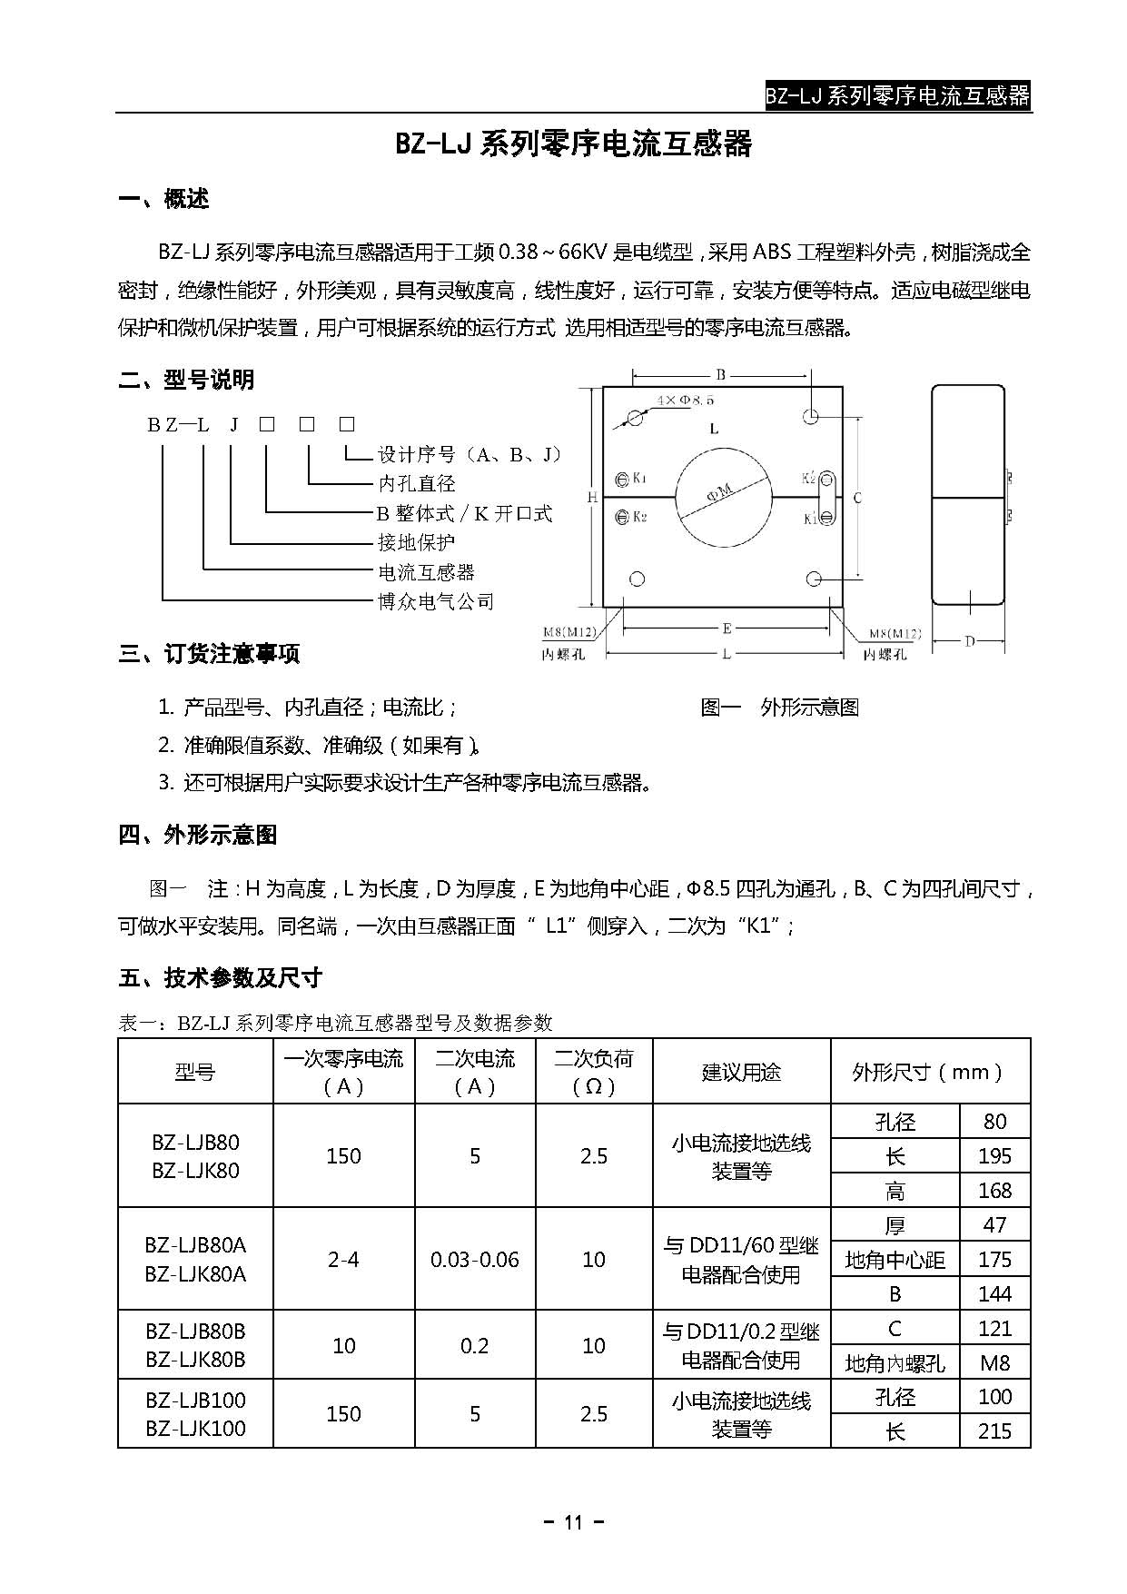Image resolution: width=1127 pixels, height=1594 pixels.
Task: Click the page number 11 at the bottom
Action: [573, 1523]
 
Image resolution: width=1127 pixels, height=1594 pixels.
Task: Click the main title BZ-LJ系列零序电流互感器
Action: [573, 144]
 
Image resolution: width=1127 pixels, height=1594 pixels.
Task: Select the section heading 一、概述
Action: [164, 199]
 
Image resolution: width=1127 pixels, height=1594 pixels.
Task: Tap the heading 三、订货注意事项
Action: [209, 654]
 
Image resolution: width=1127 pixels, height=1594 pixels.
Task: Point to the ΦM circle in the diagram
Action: [719, 496]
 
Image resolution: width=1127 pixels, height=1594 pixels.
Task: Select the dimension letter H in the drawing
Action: [591, 497]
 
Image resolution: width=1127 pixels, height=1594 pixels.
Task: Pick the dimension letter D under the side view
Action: [969, 642]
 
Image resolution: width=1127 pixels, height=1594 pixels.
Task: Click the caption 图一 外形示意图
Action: [779, 708]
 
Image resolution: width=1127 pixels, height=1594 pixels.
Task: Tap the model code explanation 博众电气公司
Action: [436, 601]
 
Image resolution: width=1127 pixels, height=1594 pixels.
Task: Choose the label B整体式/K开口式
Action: [464, 513]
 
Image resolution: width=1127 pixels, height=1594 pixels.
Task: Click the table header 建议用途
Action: [741, 1072]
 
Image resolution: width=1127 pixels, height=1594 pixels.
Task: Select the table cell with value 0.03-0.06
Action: [475, 1260]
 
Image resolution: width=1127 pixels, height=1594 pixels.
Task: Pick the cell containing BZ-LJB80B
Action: [195, 1332]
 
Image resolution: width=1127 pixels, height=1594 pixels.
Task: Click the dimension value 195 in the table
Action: [994, 1156]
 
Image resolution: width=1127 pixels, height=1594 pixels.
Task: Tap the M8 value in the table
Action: [994, 1362]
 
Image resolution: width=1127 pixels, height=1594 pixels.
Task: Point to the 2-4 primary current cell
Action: [343, 1260]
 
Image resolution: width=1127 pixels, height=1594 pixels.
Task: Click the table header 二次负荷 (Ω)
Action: [594, 1072]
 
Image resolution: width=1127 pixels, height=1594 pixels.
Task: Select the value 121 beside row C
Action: [994, 1328]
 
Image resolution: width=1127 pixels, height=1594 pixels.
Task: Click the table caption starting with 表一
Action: [336, 1023]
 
